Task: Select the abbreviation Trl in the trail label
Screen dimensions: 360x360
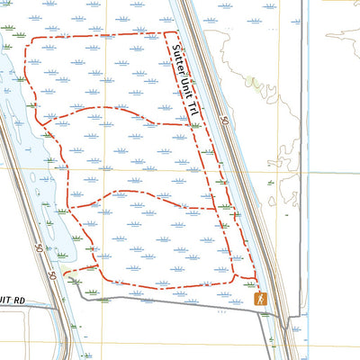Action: (191, 106)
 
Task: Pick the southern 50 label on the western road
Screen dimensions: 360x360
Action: (53, 275)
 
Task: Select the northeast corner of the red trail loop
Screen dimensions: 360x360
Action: (171, 34)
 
